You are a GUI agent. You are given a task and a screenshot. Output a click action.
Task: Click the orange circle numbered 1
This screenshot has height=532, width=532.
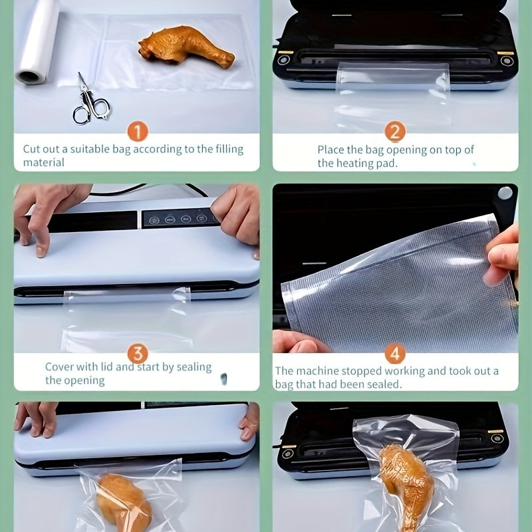tap(137, 132)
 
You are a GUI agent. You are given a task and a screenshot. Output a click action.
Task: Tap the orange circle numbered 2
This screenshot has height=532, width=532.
tap(394, 132)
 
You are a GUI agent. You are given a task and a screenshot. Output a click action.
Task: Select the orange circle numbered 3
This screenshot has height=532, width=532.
tap(137, 352)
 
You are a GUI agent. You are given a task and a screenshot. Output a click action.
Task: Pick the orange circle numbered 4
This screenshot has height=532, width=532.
tap(395, 352)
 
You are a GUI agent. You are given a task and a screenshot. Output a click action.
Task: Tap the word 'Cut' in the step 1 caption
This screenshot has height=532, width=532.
tap(32, 149)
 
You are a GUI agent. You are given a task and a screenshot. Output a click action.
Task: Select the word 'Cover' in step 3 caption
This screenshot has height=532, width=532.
tap(60, 366)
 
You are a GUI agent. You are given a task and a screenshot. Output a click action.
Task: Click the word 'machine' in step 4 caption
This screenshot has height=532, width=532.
tap(315, 371)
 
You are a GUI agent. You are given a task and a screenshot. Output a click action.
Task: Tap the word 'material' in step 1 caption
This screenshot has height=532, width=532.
tap(44, 163)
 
